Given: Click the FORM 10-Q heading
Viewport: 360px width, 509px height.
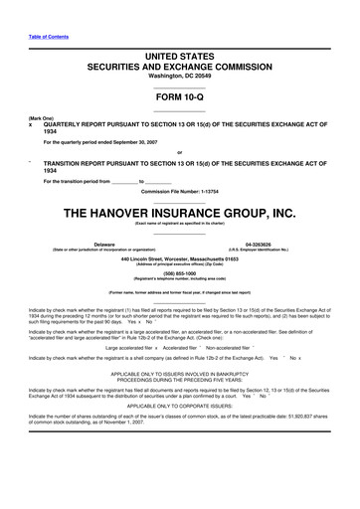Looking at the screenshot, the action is (x=179, y=97).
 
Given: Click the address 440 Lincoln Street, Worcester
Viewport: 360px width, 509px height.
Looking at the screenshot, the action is (x=181, y=257).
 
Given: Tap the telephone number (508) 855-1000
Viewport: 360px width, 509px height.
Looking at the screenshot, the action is (x=180, y=273).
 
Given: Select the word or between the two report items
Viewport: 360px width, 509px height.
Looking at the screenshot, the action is (x=179, y=151).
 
